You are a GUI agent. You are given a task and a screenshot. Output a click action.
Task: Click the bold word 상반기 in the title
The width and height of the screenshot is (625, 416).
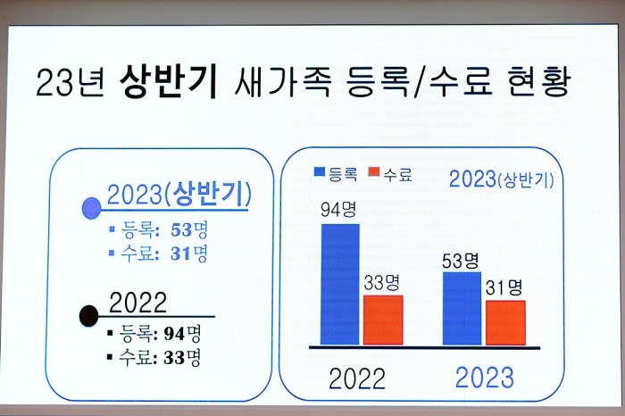[169, 81]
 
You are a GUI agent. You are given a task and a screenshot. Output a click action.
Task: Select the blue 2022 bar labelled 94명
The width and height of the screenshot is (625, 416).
[340, 284]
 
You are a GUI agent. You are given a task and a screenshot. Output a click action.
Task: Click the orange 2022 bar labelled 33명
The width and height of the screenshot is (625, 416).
[383, 320]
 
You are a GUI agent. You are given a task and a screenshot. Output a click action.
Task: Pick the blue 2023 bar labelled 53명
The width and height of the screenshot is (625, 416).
[462, 308]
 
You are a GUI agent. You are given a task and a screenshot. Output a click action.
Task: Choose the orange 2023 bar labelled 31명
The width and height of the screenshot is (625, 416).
[505, 323]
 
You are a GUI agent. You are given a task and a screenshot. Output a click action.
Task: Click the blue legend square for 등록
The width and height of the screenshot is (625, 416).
[320, 171]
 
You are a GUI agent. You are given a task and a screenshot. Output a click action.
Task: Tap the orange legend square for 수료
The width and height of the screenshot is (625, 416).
[374, 171]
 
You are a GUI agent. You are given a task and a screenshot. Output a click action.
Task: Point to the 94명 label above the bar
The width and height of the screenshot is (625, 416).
[338, 210]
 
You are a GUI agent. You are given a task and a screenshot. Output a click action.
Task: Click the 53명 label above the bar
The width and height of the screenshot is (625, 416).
[461, 261]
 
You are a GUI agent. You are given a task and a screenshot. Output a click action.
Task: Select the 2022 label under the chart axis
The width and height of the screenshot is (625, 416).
[357, 379]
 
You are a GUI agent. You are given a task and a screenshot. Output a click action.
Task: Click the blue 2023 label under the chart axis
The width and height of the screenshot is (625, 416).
[484, 378]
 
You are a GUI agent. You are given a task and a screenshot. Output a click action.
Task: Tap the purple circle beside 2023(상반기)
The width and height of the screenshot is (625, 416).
[91, 208]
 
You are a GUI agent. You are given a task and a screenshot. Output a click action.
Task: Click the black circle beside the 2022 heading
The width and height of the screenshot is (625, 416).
[89, 316]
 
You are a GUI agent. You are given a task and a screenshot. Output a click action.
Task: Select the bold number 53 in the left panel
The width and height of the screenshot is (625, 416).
[182, 230]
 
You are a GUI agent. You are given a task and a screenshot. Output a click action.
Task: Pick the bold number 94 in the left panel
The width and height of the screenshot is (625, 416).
[175, 334]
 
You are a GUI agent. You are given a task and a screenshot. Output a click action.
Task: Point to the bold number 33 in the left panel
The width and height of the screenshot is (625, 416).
[174, 358]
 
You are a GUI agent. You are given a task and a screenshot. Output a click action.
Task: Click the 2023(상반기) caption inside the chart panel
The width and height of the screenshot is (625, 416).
[502, 179]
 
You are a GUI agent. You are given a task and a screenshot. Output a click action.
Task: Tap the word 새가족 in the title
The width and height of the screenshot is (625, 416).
[282, 81]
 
